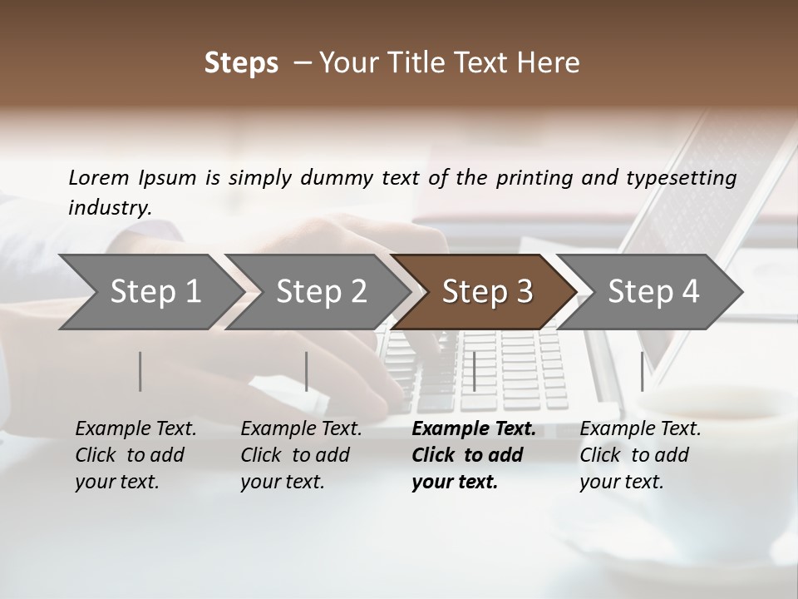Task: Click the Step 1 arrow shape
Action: point(154,292)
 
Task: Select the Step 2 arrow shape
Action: point(320,292)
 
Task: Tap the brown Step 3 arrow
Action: point(486,292)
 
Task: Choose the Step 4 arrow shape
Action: point(653,292)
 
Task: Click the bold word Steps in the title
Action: point(241,63)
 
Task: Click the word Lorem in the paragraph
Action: point(98,177)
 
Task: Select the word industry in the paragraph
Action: point(109,207)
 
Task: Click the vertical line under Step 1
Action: point(140,371)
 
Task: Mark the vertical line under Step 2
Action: point(307,371)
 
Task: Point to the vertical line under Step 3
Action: point(474,371)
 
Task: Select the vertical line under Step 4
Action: point(642,371)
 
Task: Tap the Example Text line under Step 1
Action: point(135,429)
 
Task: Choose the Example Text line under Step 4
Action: point(640,429)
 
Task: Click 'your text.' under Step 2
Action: point(282,482)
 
